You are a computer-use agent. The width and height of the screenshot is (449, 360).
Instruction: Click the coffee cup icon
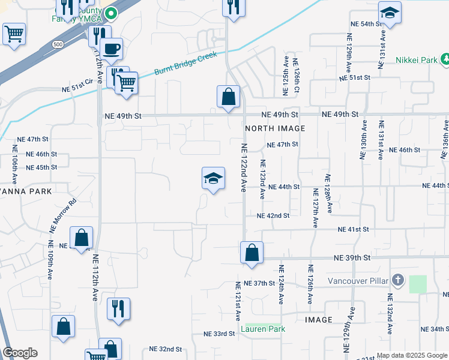112,48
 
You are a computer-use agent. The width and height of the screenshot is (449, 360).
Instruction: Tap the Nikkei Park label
416,60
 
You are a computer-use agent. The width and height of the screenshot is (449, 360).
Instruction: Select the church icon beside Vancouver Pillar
396,280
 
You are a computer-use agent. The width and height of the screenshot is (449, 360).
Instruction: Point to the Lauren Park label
262,329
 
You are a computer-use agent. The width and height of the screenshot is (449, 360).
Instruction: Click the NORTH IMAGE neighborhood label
275,128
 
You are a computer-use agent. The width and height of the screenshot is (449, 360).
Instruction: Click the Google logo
20,353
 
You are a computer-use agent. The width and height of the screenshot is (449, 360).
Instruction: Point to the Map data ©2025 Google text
411,355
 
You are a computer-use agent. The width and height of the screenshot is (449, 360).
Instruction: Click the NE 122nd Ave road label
244,167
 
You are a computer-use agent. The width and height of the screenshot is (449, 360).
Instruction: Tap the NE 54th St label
366,23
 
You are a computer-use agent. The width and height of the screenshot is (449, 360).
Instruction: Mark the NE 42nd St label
273,215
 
